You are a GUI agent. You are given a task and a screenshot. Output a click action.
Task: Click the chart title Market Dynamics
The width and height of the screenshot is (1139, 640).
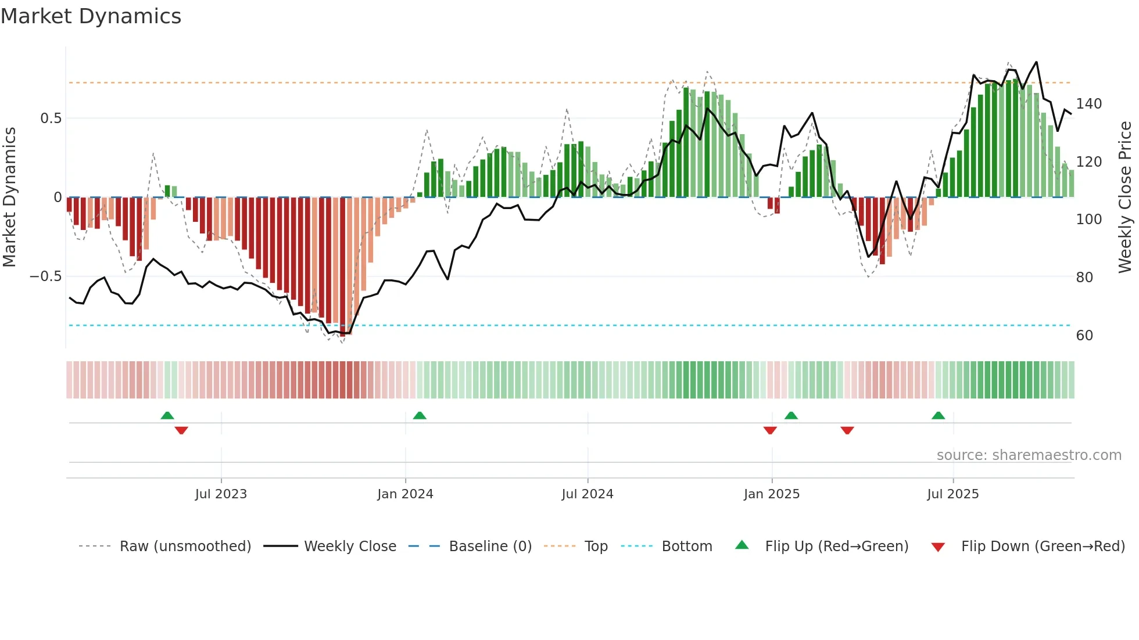pyautogui.click(x=91, y=16)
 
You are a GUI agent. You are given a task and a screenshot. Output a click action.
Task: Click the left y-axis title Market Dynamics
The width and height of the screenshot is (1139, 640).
pyautogui.click(x=9, y=197)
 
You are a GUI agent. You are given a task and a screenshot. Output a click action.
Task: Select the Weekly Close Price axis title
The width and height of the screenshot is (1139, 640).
pyautogui.click(x=1125, y=197)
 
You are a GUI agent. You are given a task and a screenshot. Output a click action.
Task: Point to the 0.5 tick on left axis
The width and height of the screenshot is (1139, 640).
pyautogui.click(x=51, y=118)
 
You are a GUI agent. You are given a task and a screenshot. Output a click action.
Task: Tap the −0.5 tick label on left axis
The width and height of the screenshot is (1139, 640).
pyautogui.click(x=45, y=276)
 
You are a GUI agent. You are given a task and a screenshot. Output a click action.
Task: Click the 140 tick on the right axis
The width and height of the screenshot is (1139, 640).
pyautogui.click(x=1088, y=104)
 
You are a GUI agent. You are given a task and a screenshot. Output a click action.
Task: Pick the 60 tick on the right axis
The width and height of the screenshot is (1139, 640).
pyautogui.click(x=1084, y=336)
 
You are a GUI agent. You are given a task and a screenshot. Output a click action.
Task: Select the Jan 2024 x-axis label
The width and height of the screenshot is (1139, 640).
pyautogui.click(x=405, y=494)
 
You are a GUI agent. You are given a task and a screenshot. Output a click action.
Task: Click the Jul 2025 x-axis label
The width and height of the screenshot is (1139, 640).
pyautogui.click(x=952, y=494)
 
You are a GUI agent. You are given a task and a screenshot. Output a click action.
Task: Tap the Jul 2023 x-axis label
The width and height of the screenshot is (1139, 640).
pyautogui.click(x=221, y=494)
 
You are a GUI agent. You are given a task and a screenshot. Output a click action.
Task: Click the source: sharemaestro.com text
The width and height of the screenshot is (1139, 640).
pyautogui.click(x=1029, y=455)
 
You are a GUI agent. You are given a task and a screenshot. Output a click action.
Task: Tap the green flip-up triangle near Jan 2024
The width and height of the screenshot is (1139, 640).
pyautogui.click(x=420, y=415)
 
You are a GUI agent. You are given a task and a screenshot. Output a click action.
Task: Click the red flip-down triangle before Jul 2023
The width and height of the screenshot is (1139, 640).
pyautogui.click(x=181, y=430)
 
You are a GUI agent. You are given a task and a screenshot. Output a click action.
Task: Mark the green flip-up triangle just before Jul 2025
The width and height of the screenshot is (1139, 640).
pyautogui.click(x=938, y=415)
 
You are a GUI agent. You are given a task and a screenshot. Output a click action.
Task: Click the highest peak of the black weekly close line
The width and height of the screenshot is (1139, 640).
pyautogui.click(x=1036, y=62)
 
